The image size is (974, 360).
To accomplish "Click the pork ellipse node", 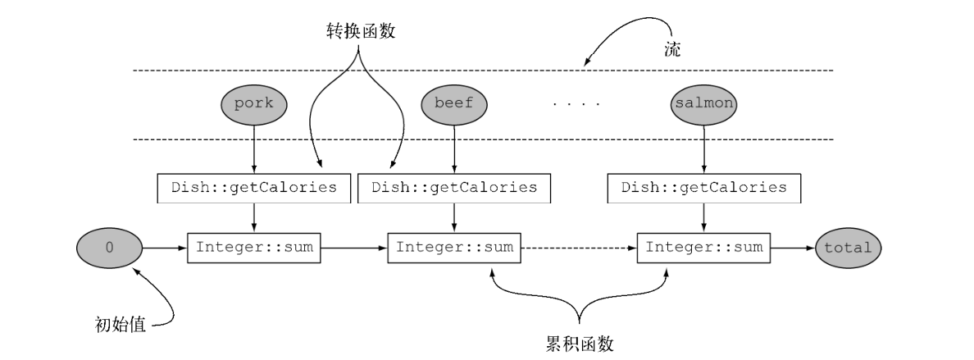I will coord(254,104).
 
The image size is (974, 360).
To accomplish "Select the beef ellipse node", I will coord(454,104).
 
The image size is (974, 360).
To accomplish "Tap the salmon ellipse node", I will coord(703,104).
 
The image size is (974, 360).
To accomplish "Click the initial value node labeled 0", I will coord(108,246).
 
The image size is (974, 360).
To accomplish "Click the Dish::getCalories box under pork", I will coord(254,187).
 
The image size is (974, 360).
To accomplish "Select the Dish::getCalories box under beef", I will coord(454,187).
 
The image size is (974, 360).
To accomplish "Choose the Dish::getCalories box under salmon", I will coord(703,187).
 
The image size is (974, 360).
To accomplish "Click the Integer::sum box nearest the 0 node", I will coord(254,246).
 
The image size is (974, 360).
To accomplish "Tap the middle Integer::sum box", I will coord(454,246).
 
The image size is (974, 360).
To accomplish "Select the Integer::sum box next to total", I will coord(703,246).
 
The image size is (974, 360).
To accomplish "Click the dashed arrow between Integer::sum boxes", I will coord(579,246).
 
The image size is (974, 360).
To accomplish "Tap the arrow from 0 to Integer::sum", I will coord(164,246).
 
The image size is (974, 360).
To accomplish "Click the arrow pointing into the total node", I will coord(792,246).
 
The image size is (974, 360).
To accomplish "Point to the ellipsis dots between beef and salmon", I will coord(576,105).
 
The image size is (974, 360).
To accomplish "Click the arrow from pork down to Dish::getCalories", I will coord(254,148).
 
